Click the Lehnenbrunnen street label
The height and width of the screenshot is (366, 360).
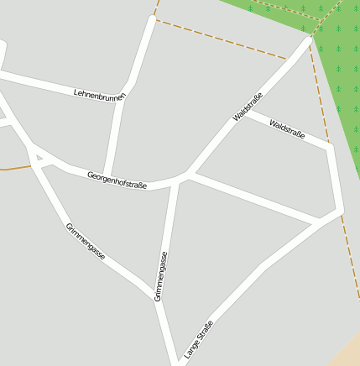coord(99,93)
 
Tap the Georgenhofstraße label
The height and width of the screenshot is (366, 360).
coord(117,180)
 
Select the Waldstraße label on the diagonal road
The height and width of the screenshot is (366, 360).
coord(248,107)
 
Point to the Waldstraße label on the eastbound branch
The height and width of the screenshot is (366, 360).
coord(287,129)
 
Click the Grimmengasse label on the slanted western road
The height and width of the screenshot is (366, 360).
coord(86,242)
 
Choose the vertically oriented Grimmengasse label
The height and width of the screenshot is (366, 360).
coord(161,276)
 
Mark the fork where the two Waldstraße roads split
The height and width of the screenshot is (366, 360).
coord(243,112)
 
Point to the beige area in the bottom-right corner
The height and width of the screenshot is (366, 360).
coord(347,350)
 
